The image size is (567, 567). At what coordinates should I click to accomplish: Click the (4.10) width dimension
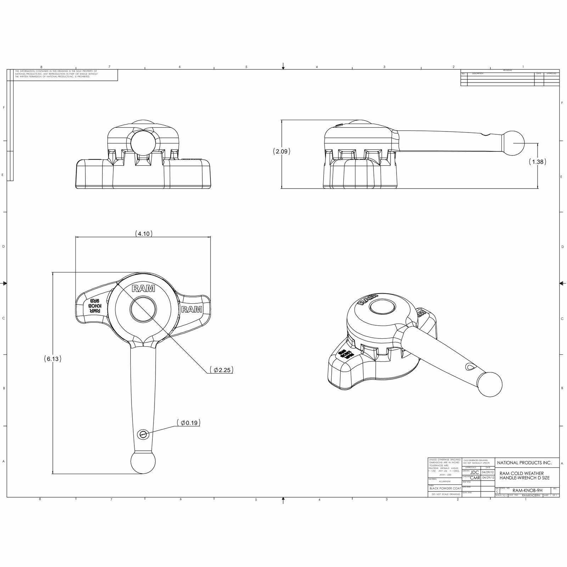[x=144, y=234]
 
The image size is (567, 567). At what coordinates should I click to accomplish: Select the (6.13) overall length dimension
[x=53, y=359]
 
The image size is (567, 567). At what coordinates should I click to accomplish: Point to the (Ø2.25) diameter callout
[x=221, y=370]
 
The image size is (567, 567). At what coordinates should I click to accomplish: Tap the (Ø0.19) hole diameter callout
[x=188, y=423]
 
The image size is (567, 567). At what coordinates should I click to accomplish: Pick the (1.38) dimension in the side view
[x=537, y=162]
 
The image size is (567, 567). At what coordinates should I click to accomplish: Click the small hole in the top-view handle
[x=143, y=434]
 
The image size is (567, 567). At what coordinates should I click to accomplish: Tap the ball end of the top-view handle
[x=143, y=462]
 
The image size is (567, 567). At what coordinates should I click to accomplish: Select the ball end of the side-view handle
[x=513, y=143]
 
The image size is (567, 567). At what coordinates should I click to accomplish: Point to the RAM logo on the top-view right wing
[x=192, y=309]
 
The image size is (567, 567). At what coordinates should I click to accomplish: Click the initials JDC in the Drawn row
[x=475, y=472]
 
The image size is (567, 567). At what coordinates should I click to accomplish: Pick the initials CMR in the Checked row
[x=475, y=478]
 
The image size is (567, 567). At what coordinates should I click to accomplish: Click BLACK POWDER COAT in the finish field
[x=445, y=488]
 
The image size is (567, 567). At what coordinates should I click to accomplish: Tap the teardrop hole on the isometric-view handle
[x=469, y=367]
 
